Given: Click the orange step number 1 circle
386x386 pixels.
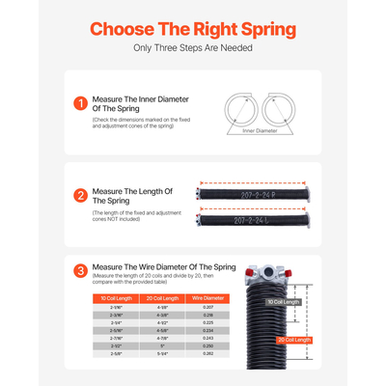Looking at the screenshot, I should [80, 101].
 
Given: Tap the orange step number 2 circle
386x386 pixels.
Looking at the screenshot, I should [80, 195].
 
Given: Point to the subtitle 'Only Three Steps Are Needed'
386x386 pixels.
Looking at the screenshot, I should [193, 48].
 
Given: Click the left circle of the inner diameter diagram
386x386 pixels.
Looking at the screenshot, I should [235, 108].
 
